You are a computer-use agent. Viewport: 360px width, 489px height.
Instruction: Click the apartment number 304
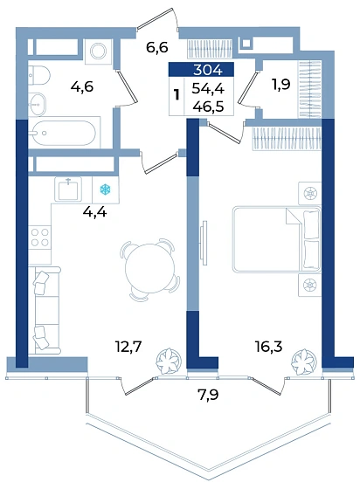tap(207, 70)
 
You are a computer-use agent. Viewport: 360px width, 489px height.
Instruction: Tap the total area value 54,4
tap(208, 89)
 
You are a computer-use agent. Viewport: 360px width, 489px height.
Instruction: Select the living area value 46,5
tap(208, 107)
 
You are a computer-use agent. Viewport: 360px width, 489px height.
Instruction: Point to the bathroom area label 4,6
tap(82, 86)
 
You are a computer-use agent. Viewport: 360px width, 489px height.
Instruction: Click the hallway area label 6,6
tap(157, 48)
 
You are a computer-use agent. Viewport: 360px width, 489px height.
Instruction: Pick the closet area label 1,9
tap(281, 84)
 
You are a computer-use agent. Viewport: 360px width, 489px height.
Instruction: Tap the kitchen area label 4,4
tap(95, 212)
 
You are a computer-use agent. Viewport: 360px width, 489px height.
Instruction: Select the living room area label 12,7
tap(128, 346)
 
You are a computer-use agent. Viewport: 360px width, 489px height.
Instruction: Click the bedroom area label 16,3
tap(269, 346)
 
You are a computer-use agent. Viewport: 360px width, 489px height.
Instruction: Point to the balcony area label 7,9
tap(208, 395)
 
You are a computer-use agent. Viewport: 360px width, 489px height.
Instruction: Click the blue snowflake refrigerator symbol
tap(106, 189)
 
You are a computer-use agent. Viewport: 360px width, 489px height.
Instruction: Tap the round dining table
tap(150, 267)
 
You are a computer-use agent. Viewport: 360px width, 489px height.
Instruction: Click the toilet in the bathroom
tap(39, 75)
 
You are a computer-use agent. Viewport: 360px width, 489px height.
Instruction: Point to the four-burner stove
tap(40, 237)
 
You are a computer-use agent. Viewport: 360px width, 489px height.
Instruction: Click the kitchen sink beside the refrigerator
tap(68, 189)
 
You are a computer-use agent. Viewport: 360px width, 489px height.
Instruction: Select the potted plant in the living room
tap(169, 362)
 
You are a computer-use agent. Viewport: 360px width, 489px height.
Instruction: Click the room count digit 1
tap(177, 94)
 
